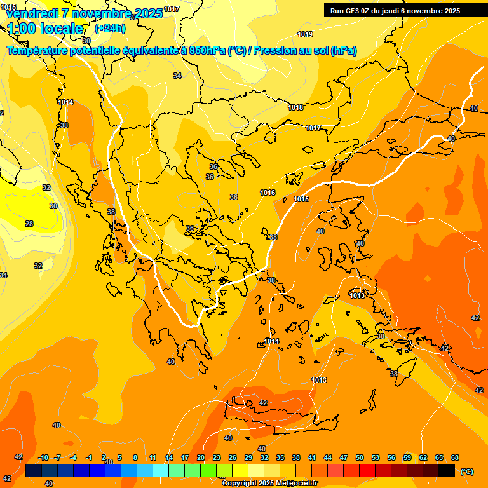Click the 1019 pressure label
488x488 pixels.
click(x=305, y=34)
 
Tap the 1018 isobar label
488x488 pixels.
click(x=295, y=107)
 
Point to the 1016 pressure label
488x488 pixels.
click(x=268, y=193)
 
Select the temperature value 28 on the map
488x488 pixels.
click(x=29, y=224)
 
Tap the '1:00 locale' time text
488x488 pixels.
click(x=45, y=29)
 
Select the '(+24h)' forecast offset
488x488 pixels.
click(x=110, y=29)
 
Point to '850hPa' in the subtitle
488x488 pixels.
click(x=208, y=50)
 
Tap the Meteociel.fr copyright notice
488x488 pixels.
click(x=269, y=484)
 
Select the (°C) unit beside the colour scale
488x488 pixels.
click(x=466, y=471)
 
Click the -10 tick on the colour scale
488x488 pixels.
click(x=43, y=457)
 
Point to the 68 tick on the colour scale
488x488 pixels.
click(x=455, y=457)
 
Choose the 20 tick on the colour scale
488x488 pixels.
click(x=201, y=457)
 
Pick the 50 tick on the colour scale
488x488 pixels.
click(x=360, y=457)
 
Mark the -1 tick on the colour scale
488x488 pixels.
click(x=89, y=457)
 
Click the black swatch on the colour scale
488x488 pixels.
click(x=447, y=471)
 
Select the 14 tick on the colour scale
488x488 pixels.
click(x=169, y=457)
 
